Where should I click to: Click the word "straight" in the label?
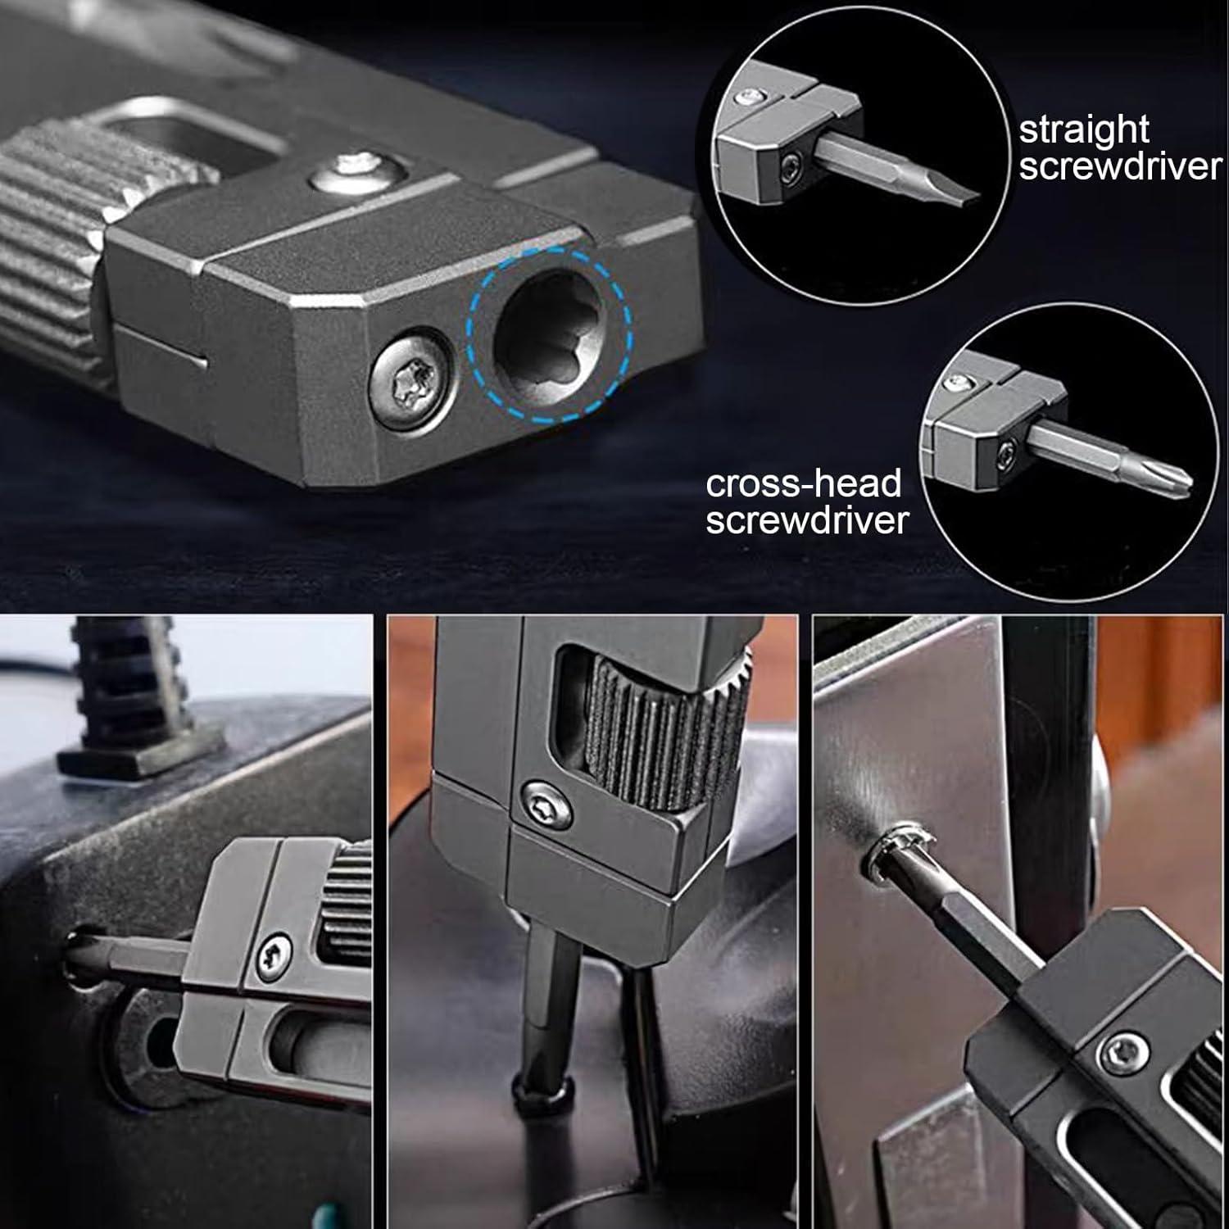coord(1084,130)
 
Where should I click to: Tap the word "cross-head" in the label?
coord(803,484)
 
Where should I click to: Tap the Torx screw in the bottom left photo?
coord(274,951)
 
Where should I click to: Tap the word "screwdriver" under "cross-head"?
coord(807,520)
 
